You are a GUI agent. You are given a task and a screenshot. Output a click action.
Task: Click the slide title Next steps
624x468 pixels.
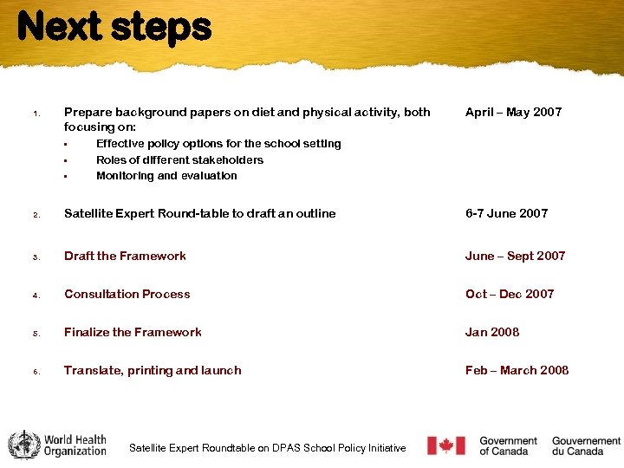114,27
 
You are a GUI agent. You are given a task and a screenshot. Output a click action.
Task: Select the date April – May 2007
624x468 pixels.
513,112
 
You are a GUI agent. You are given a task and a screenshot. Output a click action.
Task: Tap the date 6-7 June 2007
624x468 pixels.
506,213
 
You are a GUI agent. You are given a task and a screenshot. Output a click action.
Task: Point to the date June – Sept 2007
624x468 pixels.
515,256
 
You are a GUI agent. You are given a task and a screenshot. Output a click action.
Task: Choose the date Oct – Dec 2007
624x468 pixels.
509,294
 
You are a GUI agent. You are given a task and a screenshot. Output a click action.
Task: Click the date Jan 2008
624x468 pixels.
492,332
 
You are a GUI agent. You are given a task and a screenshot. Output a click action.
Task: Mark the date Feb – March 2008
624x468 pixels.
517,370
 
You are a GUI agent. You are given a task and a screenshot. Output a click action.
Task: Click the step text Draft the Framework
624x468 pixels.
125,256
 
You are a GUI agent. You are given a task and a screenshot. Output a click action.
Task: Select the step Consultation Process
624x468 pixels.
127,294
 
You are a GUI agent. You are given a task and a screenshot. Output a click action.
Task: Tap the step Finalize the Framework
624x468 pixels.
133,332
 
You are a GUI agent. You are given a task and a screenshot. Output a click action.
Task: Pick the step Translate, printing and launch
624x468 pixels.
153,370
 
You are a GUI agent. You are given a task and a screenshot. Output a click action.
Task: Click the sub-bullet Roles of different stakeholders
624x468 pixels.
179,159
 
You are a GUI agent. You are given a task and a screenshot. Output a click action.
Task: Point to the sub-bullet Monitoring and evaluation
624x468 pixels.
166,175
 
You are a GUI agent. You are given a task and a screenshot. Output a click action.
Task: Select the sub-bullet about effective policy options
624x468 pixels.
218,144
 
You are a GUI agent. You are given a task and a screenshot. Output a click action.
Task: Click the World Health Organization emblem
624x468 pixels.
23,445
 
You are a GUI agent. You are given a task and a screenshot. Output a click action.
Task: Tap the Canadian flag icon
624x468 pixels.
446,445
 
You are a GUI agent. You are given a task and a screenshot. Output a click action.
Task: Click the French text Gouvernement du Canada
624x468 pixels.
586,445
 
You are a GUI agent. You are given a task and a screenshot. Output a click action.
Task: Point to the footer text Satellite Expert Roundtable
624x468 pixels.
267,448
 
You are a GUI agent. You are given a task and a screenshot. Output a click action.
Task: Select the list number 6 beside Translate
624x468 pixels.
36,372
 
